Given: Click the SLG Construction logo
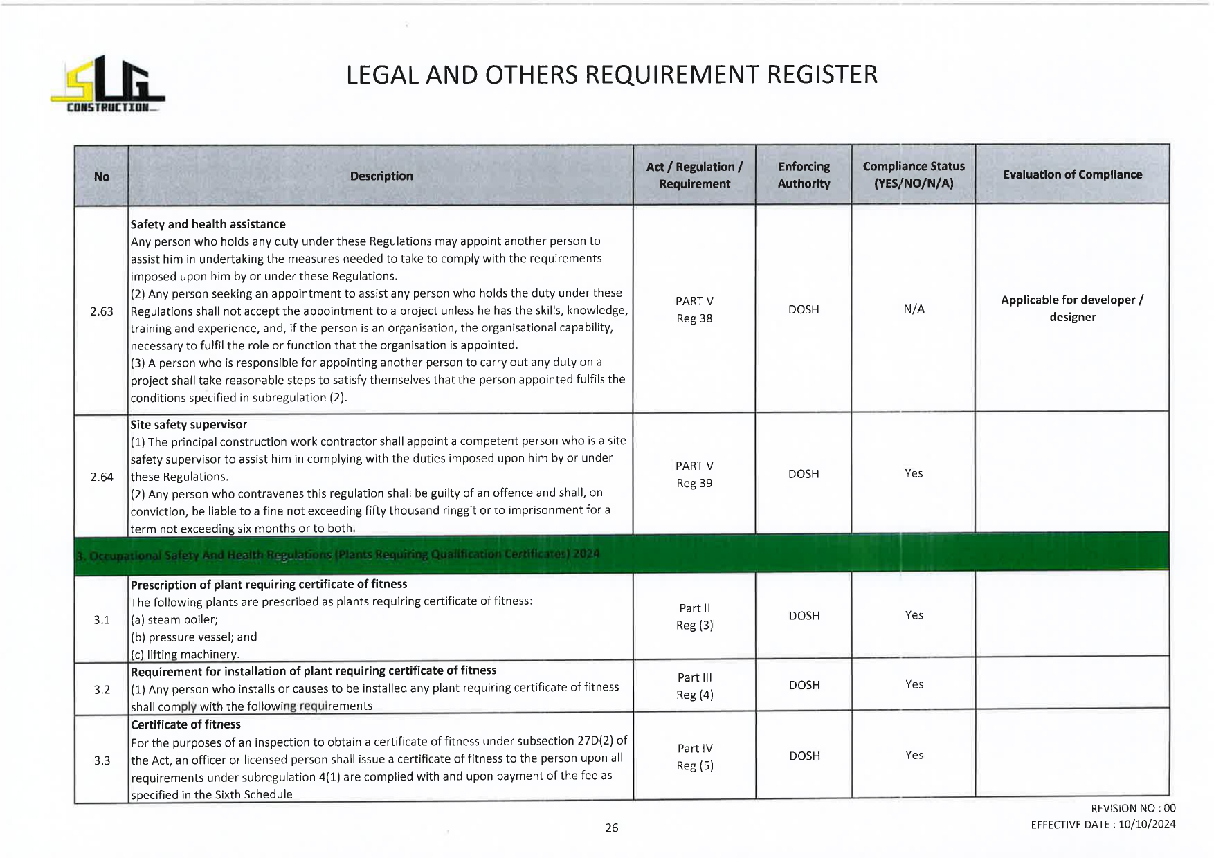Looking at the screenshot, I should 107,85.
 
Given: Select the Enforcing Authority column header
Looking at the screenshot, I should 804,175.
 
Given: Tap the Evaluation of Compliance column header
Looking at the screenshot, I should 1072,174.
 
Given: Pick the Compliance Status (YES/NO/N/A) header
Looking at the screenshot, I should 914,175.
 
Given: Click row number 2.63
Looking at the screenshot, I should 102,311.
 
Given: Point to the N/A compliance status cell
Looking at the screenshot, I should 914,309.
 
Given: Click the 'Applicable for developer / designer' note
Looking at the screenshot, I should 1072,309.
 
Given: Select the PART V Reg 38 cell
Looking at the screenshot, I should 694,310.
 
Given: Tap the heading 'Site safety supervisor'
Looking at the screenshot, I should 189,425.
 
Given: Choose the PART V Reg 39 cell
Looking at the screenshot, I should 694,475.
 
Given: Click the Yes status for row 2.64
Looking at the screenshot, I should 914,473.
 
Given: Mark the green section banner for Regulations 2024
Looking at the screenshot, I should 621,554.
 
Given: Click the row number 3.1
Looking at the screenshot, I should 102,620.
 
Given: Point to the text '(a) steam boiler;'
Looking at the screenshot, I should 174,620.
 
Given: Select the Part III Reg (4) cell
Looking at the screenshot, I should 694,686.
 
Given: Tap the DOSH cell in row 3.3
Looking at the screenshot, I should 804,756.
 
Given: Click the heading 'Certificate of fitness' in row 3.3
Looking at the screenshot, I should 186,724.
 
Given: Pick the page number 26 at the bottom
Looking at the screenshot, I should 612,828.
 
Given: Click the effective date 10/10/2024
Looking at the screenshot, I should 1146,824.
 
